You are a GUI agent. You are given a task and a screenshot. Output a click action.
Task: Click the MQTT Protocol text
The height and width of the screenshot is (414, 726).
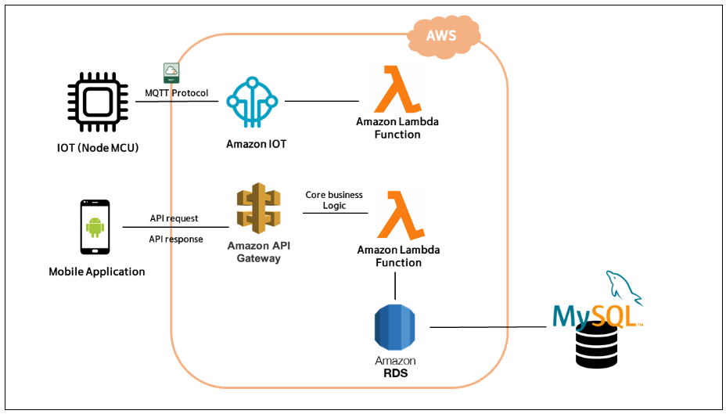coord(177,93)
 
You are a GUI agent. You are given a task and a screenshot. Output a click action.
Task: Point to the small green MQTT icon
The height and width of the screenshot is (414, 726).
coord(171,74)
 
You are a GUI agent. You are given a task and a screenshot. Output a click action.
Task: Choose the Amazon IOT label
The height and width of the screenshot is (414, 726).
coord(253,144)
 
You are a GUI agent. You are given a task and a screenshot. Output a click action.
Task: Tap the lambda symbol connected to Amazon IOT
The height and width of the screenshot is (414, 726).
coord(398,89)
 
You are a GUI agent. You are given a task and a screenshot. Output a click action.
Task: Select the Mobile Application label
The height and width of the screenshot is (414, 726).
coord(97,272)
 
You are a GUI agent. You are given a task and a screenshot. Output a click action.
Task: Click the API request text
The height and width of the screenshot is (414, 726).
coord(174,218)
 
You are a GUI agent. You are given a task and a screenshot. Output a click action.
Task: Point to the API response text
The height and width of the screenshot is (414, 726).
coord(176,239)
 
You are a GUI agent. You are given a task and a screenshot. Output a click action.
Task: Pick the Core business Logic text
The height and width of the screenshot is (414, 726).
coord(335,200)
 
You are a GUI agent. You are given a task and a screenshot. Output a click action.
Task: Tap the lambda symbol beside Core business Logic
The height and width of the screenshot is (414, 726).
coord(398,215)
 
